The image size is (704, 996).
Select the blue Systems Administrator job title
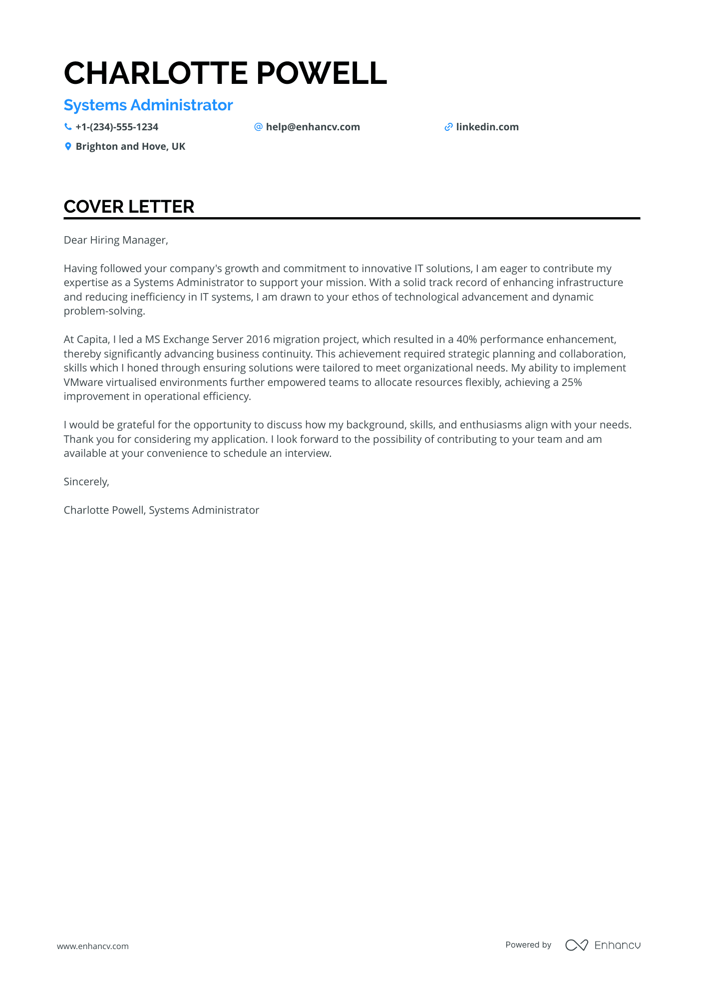click(148, 105)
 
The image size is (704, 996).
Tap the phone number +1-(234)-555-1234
click(117, 127)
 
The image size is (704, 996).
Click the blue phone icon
click(68, 127)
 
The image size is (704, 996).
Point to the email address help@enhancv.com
click(313, 127)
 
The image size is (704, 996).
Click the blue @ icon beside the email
click(258, 127)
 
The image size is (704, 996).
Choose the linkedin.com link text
click(487, 127)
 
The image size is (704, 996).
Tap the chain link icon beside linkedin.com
click(448, 127)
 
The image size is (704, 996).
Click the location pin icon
click(68, 146)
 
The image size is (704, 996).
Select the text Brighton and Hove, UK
click(130, 147)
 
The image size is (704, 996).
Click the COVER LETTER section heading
click(129, 207)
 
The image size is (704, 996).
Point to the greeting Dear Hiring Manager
click(116, 240)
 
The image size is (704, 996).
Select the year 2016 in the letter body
click(258, 339)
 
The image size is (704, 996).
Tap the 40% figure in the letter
click(466, 339)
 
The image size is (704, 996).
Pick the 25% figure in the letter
click(572, 382)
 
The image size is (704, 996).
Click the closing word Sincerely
click(86, 482)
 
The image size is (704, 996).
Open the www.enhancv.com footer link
click(93, 946)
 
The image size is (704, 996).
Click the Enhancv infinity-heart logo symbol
click(576, 945)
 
